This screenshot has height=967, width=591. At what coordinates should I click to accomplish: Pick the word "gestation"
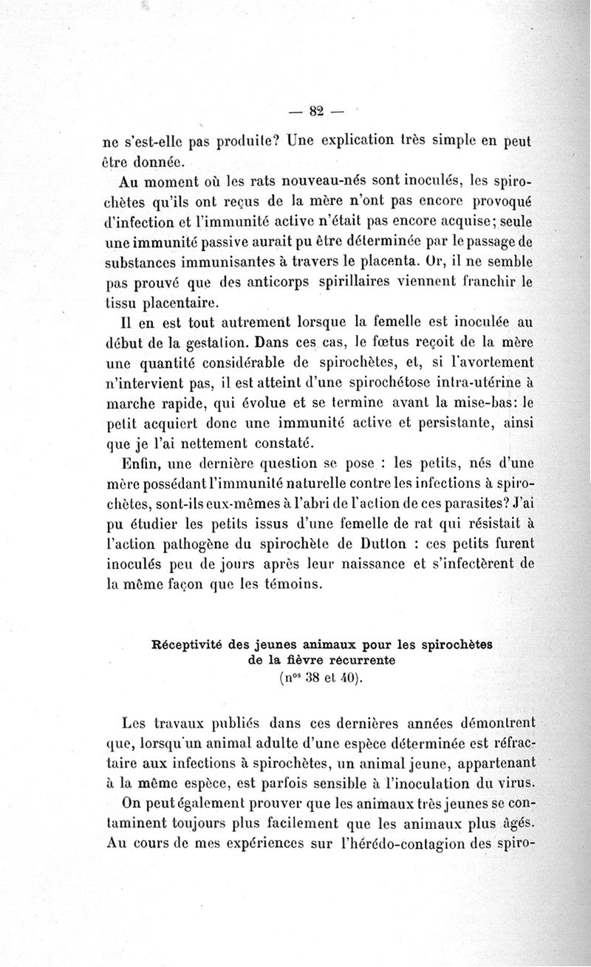click(212, 343)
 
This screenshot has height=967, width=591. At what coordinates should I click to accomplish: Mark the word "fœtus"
click(390, 343)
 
